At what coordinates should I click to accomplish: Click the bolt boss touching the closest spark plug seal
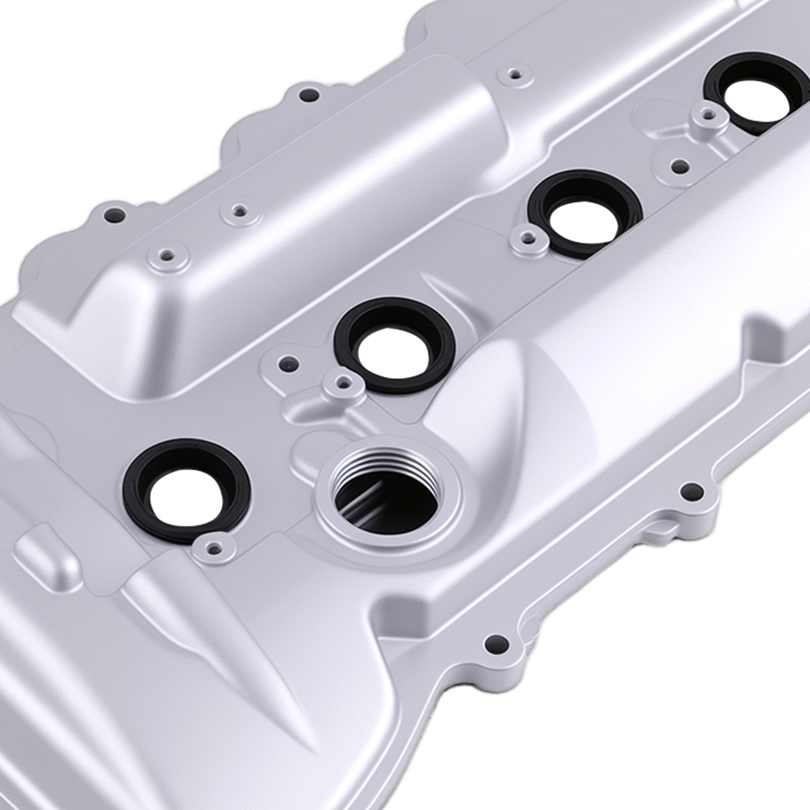tap(215, 547)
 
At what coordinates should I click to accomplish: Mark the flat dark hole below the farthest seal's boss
tap(679, 165)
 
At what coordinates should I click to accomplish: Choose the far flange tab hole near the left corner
tap(113, 216)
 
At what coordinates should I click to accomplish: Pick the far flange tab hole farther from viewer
tap(307, 94)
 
